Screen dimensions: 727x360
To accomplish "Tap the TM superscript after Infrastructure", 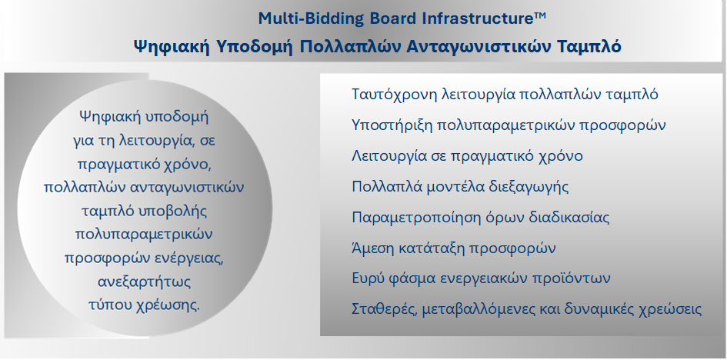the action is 540,15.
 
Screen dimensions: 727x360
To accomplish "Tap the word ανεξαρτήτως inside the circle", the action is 145,282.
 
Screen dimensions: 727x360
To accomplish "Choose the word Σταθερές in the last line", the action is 385,309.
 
